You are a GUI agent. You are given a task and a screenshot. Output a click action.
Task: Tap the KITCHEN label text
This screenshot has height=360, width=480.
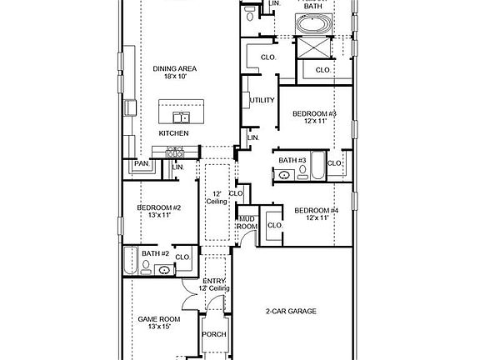(173, 133)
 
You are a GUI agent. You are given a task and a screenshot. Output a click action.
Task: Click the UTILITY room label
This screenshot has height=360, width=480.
(262, 101)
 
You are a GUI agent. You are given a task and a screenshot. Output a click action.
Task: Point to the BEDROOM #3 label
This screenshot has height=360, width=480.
(314, 113)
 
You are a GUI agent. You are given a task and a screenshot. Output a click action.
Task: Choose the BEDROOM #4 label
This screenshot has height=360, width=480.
(317, 210)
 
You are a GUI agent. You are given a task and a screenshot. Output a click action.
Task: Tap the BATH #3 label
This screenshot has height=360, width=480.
(292, 160)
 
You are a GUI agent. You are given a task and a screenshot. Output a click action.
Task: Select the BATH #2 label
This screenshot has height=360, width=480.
(155, 253)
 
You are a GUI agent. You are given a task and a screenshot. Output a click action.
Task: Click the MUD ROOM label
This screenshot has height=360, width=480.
(247, 222)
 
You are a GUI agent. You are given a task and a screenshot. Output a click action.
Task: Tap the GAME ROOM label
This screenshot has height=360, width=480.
(157, 318)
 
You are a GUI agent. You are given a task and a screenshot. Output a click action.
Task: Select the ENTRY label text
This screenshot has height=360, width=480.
(213, 281)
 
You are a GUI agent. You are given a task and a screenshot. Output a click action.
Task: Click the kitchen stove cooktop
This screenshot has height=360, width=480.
(175, 152)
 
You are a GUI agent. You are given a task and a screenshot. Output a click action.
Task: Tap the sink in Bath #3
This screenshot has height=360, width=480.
(284, 175)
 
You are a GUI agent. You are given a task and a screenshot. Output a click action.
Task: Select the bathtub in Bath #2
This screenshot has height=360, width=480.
(129, 262)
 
